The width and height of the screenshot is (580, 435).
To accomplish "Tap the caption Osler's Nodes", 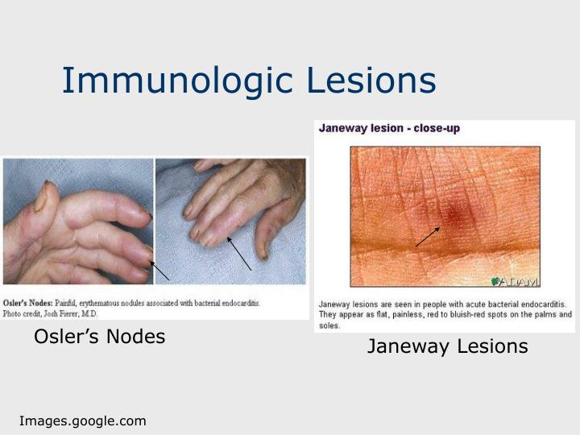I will pos(99,337).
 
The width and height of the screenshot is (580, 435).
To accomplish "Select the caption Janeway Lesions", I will pos(447,346).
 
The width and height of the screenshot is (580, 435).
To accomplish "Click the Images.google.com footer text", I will pos(83,420).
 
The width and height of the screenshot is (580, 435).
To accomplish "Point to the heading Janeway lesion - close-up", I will pos(390,128).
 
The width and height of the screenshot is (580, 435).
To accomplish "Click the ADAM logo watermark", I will pos(515,281).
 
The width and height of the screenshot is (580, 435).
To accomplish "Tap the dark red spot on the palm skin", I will pos(454,216).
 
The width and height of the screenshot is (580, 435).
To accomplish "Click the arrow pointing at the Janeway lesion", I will pos(428,237).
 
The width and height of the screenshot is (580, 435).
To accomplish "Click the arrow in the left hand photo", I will pos(159,270).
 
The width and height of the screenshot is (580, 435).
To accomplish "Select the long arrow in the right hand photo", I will pos(239,253).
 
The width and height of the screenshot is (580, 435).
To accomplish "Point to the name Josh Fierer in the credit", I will pos(72,313).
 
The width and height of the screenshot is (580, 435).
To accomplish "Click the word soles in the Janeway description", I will pos(329,325).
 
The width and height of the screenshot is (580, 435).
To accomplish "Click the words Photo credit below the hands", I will pos(24,313).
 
